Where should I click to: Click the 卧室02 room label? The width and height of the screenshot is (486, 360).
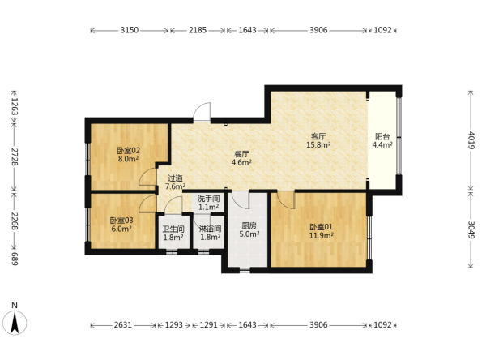coord(128,151)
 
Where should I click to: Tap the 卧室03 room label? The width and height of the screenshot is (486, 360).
coord(122,221)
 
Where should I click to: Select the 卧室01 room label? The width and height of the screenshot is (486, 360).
coord(321,227)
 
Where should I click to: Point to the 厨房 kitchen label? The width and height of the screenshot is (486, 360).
coord(249,225)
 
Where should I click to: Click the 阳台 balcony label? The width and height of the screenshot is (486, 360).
coord(382,136)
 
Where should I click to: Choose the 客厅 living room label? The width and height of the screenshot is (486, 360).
coord(318,136)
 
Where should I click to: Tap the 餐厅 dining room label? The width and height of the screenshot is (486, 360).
coord(241,154)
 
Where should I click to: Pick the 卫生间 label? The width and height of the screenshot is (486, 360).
coord(173,229)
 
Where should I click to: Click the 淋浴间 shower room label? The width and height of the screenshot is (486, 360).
coord(210,229)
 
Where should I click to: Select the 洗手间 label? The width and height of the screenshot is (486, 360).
coord(209,199)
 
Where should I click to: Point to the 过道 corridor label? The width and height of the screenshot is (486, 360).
coord(175,178)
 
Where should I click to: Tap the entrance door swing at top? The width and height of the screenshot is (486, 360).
coord(202,112)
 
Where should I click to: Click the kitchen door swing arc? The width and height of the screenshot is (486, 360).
coord(241,200)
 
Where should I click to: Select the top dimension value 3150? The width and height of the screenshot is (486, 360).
coord(130,30)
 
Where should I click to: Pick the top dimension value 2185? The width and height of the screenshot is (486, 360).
coord(198,30)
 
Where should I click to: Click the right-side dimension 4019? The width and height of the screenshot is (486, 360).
coord(471,140)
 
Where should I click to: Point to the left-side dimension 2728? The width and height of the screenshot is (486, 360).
coord(15,156)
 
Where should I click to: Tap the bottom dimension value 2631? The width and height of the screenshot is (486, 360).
coord(123,325)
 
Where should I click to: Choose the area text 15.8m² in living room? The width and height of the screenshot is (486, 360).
coord(318,144)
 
